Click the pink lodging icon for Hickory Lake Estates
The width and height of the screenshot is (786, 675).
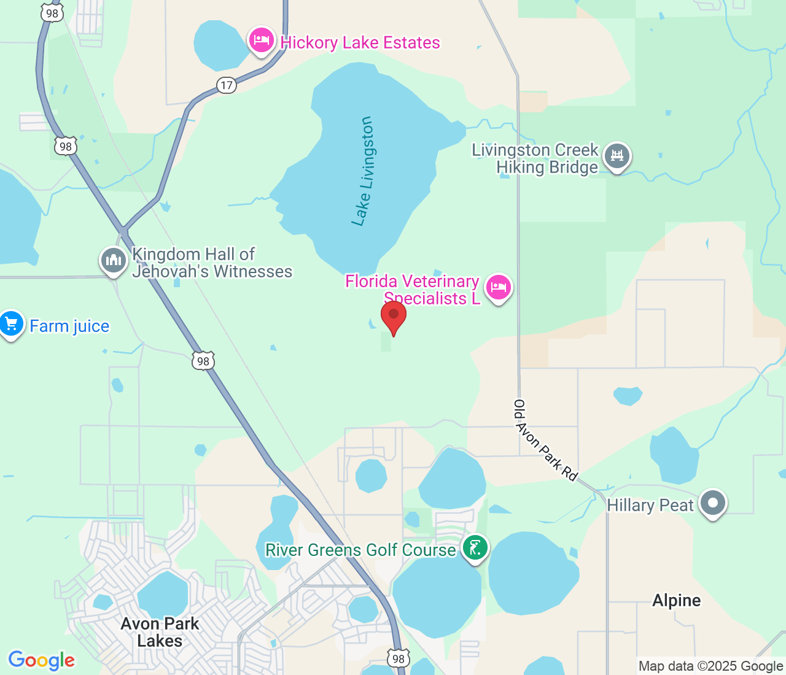tap(262, 40)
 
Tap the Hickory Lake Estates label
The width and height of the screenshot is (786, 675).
tap(360, 43)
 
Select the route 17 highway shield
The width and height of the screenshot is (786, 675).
tap(227, 85)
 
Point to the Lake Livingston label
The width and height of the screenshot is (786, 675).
tap(363, 171)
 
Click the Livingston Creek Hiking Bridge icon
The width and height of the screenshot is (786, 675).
tap(617, 156)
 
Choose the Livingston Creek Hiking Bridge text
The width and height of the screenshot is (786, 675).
tap(535, 159)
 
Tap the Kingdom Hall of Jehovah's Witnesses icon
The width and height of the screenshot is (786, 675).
tap(113, 260)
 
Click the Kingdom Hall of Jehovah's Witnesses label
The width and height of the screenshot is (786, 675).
tap(212, 263)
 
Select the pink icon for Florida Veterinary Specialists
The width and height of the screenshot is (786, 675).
tap(498, 287)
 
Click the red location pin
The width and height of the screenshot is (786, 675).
tap(394, 316)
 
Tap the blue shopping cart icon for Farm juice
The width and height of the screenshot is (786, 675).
tap(11, 323)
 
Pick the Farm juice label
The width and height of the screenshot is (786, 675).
tap(69, 326)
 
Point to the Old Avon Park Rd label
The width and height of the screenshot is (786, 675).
tap(545, 440)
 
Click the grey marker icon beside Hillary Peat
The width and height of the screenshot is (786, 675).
tap(713, 503)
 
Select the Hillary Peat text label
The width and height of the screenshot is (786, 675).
tap(650, 506)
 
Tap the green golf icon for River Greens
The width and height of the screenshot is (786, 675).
tap(475, 547)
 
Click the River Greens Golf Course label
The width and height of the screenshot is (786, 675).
tap(360, 550)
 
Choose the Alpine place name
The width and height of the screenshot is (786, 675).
tap(676, 600)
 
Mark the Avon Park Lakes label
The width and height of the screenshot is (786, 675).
tap(160, 632)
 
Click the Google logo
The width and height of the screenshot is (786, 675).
tap(41, 660)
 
